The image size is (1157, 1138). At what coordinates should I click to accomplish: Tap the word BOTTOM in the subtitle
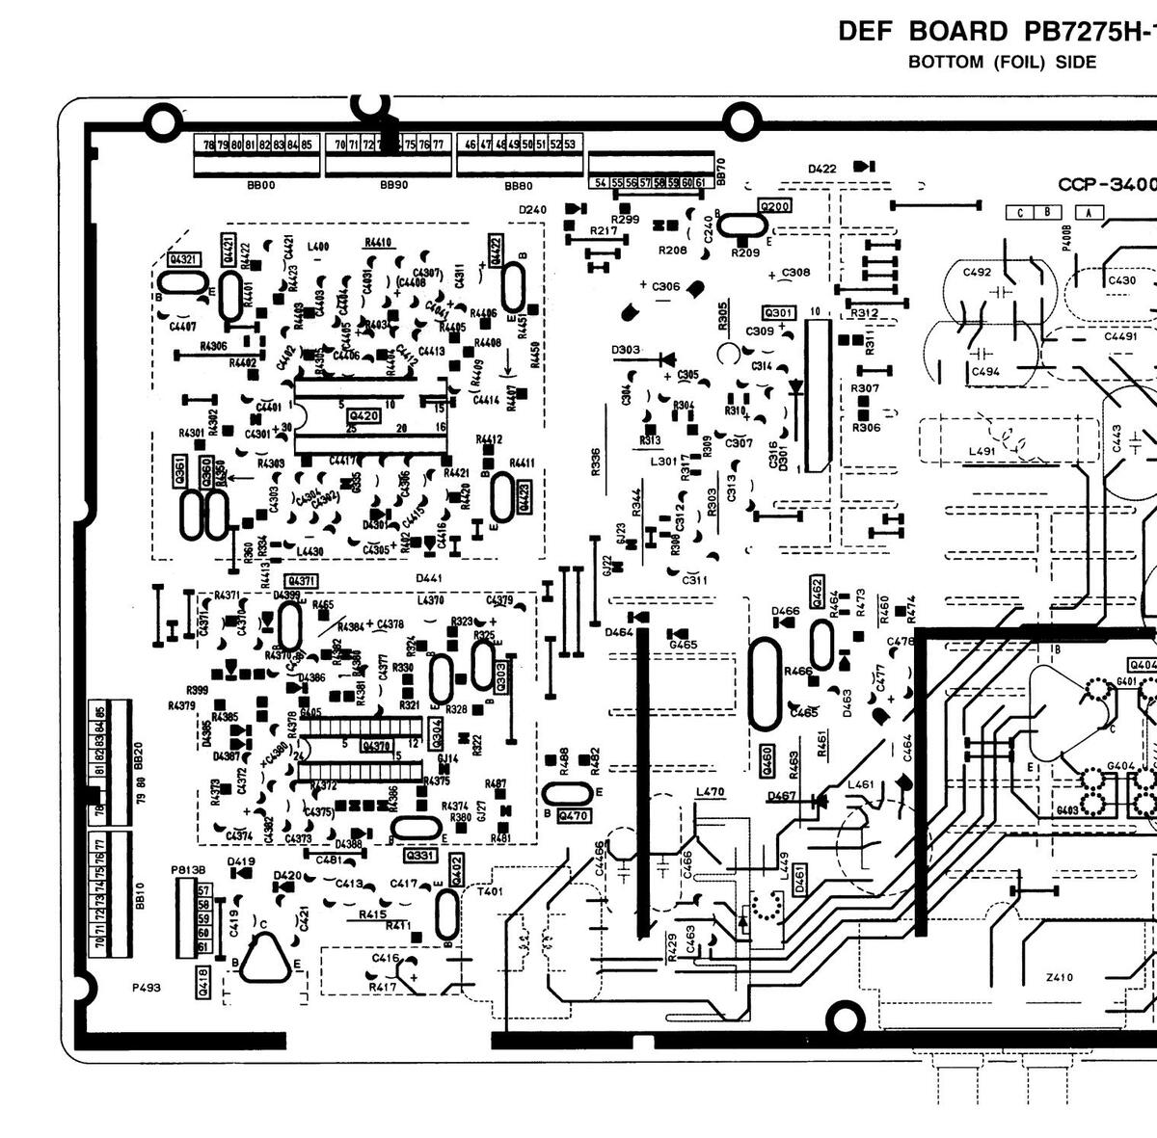click(x=946, y=63)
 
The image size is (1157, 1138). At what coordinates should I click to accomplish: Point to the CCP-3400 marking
click(x=1107, y=184)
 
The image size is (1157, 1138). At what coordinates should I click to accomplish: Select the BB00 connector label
click(x=260, y=185)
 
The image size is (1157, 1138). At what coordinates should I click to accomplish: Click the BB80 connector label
click(x=518, y=185)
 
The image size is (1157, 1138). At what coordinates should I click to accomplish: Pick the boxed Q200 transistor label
click(x=775, y=206)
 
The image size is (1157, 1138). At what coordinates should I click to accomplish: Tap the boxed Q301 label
click(x=778, y=313)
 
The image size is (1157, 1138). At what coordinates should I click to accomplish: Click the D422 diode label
click(x=822, y=170)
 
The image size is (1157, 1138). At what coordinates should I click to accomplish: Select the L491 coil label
click(x=982, y=451)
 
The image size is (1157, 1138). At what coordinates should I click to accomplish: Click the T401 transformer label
click(x=490, y=892)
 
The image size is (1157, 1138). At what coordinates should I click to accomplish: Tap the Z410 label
click(x=1059, y=978)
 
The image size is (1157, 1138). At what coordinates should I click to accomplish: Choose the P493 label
click(x=147, y=988)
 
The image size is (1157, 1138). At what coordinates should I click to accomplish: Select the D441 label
click(x=429, y=578)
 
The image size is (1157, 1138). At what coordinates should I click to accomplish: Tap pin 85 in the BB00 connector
click(x=307, y=145)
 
